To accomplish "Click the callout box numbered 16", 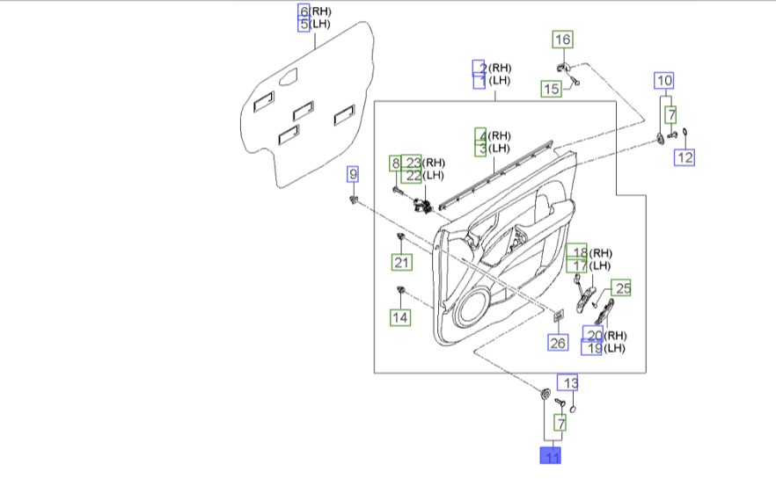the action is (x=563, y=40).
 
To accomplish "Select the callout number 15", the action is (x=551, y=89).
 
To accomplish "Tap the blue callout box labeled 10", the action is (x=664, y=81).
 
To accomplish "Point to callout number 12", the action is (x=684, y=157).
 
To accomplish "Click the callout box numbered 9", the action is (x=352, y=174).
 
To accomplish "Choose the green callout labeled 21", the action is (x=401, y=262).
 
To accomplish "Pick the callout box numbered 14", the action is (x=400, y=317).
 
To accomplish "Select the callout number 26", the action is (x=558, y=343).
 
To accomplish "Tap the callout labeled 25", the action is (x=621, y=287).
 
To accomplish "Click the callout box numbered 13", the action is (x=567, y=382).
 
